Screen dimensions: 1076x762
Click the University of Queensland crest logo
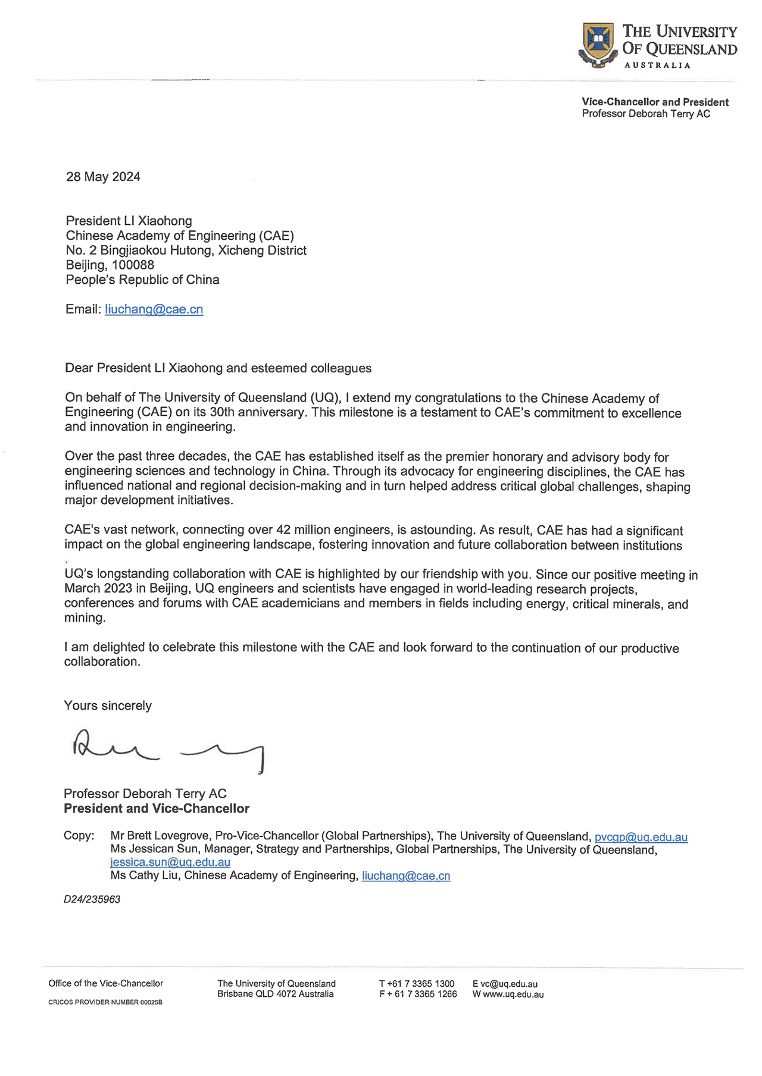point(597,44)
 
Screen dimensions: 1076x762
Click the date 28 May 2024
point(103,177)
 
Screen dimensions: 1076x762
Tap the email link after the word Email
point(154,309)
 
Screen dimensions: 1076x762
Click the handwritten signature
point(167,751)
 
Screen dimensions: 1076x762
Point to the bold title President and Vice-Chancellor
point(157,808)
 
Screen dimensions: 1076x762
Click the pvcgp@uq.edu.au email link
point(641,837)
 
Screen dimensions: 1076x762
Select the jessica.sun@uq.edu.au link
point(170,862)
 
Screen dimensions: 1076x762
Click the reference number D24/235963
point(92,899)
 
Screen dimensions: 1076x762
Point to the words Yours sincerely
point(108,705)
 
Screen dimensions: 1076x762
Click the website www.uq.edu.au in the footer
point(513,994)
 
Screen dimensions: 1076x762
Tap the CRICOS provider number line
point(105,1002)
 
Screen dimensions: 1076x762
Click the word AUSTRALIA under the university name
point(657,65)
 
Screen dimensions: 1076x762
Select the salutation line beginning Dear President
point(218,368)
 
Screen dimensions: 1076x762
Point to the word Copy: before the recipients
point(79,836)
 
